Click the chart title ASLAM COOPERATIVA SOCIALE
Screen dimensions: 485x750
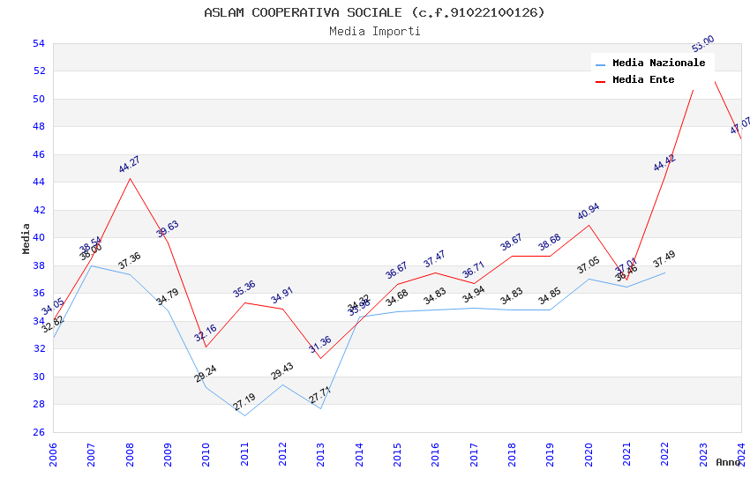coord(374,12)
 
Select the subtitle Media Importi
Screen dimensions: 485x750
coord(374,31)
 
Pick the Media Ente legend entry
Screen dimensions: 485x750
coord(643,79)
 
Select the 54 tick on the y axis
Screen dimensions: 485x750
coord(38,43)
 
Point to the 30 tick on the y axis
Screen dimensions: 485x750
coord(38,377)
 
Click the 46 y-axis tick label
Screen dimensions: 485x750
coord(38,154)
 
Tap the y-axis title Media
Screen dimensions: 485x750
coord(26,237)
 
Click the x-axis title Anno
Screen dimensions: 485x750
coord(728,462)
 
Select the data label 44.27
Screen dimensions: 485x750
coord(130,164)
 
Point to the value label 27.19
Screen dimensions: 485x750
coord(244,403)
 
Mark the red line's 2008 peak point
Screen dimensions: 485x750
coord(130,179)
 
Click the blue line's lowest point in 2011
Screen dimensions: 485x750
coord(244,415)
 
